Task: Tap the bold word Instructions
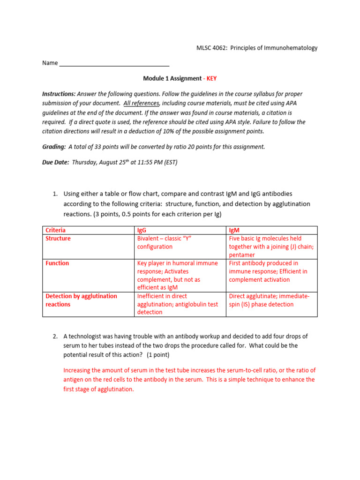coord(59,94)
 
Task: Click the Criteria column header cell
coord(56,230)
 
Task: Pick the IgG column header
coord(142,230)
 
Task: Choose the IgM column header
coord(234,230)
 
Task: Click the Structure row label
coord(58,239)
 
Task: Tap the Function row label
coord(57,263)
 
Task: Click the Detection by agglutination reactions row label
coord(81,300)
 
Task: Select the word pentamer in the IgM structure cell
coord(242,255)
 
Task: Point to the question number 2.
coord(55,337)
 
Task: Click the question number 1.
coord(55,194)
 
